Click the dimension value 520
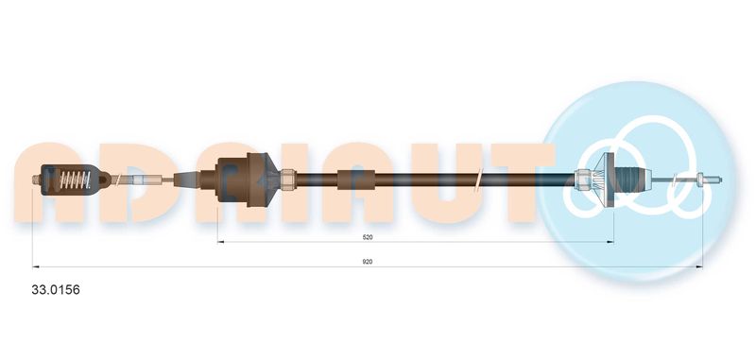click(368, 237)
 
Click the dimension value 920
click(368, 262)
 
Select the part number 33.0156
click(56, 290)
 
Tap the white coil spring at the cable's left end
click(76, 180)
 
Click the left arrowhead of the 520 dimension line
click(221, 242)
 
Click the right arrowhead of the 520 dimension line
click(610, 242)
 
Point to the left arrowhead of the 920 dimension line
click(36, 266)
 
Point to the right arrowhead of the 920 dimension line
click(699, 266)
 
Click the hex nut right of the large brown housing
click(287, 180)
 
